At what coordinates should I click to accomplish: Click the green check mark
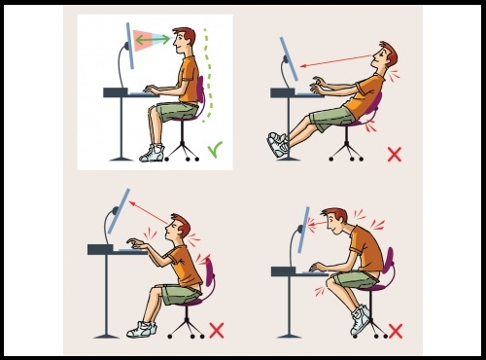tap(214, 150)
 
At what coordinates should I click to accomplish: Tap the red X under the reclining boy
tap(394, 154)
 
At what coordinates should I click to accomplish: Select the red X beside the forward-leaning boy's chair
tap(216, 330)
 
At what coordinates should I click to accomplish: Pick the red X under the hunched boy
tap(395, 330)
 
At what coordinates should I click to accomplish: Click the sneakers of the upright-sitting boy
tap(152, 153)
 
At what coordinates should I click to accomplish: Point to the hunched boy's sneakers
tap(361, 318)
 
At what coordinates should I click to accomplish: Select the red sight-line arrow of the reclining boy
tap(335, 63)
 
